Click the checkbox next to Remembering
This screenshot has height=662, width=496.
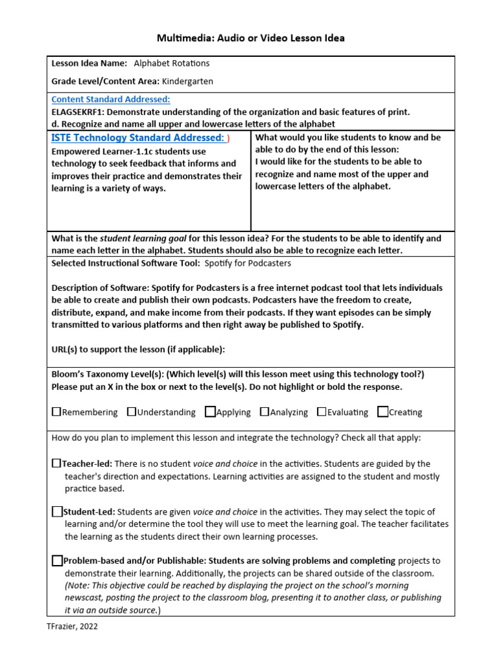[x=56, y=412]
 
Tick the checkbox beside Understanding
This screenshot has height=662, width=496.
[x=132, y=412]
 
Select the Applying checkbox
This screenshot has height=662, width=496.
[x=210, y=412]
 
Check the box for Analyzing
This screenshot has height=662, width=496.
[x=265, y=412]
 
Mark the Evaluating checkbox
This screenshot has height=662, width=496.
[x=321, y=412]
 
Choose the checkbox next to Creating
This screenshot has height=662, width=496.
[x=383, y=412]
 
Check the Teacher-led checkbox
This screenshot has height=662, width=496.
[x=56, y=464]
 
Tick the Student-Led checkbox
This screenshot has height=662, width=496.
[x=57, y=511]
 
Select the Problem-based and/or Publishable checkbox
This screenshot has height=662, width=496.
[x=57, y=561]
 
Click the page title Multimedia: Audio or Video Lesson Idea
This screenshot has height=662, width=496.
[x=251, y=38]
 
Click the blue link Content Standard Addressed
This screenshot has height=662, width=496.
[x=110, y=100]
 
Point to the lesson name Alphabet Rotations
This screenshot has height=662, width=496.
[x=171, y=63]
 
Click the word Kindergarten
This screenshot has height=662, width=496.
[x=187, y=81]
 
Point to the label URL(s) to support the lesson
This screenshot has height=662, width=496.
[x=138, y=349]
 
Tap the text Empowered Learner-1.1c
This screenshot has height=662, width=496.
[x=98, y=151]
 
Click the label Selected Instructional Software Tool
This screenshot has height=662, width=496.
[x=125, y=263]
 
